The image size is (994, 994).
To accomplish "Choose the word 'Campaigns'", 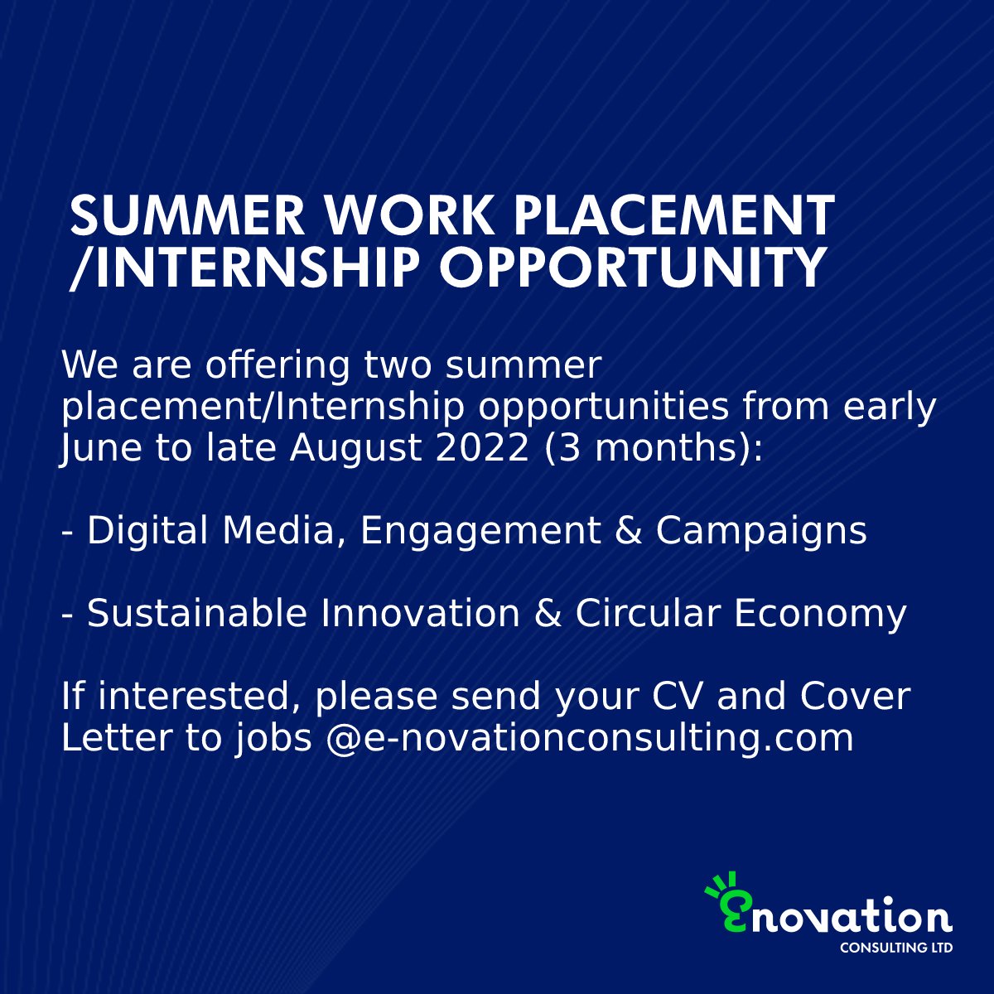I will click(x=761, y=531).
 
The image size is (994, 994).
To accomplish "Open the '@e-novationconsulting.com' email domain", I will click(x=589, y=738).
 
